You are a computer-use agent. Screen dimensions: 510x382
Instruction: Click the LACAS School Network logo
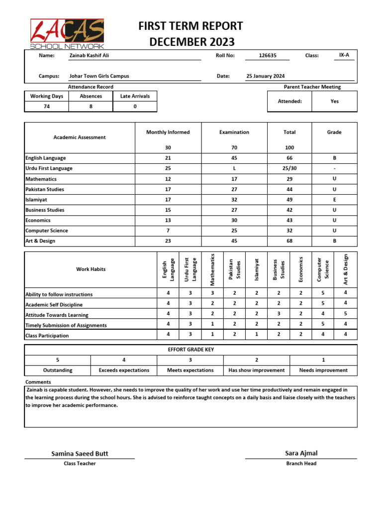67,34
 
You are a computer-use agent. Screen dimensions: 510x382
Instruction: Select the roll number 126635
268,56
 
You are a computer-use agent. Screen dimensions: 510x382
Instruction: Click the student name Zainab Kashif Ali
89,56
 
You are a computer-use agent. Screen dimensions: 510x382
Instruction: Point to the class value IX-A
344,56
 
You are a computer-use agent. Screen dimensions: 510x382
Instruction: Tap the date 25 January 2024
266,76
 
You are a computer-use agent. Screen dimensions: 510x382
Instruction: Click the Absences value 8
91,106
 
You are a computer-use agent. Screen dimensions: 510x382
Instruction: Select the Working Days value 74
47,106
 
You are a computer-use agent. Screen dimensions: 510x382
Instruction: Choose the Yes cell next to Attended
334,101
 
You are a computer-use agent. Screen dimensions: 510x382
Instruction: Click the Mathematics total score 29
289,179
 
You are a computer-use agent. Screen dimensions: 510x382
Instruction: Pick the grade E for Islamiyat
334,200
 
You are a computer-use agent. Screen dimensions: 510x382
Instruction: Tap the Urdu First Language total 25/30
289,168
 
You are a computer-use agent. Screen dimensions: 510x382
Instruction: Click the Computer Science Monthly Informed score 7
168,231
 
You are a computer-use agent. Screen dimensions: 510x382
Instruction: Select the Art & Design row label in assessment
40,241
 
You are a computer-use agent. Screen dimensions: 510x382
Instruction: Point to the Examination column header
234,132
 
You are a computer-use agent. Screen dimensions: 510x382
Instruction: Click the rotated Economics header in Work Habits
300,269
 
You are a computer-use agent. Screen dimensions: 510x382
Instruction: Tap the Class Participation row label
47,336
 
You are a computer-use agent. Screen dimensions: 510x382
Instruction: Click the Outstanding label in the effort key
58,370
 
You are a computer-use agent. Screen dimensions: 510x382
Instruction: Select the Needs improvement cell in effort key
323,370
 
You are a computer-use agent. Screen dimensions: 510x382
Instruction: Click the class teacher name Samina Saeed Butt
80,454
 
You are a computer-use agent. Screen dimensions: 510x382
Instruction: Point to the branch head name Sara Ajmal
301,453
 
